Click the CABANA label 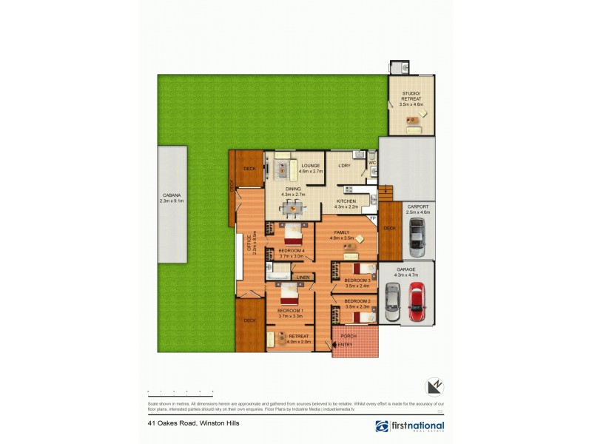click(x=171, y=196)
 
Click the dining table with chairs click(x=294, y=209)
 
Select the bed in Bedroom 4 click(x=293, y=237)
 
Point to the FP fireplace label click(x=373, y=219)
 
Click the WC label click(x=372, y=162)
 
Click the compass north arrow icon click(x=434, y=387)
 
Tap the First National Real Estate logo click(x=409, y=426)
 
